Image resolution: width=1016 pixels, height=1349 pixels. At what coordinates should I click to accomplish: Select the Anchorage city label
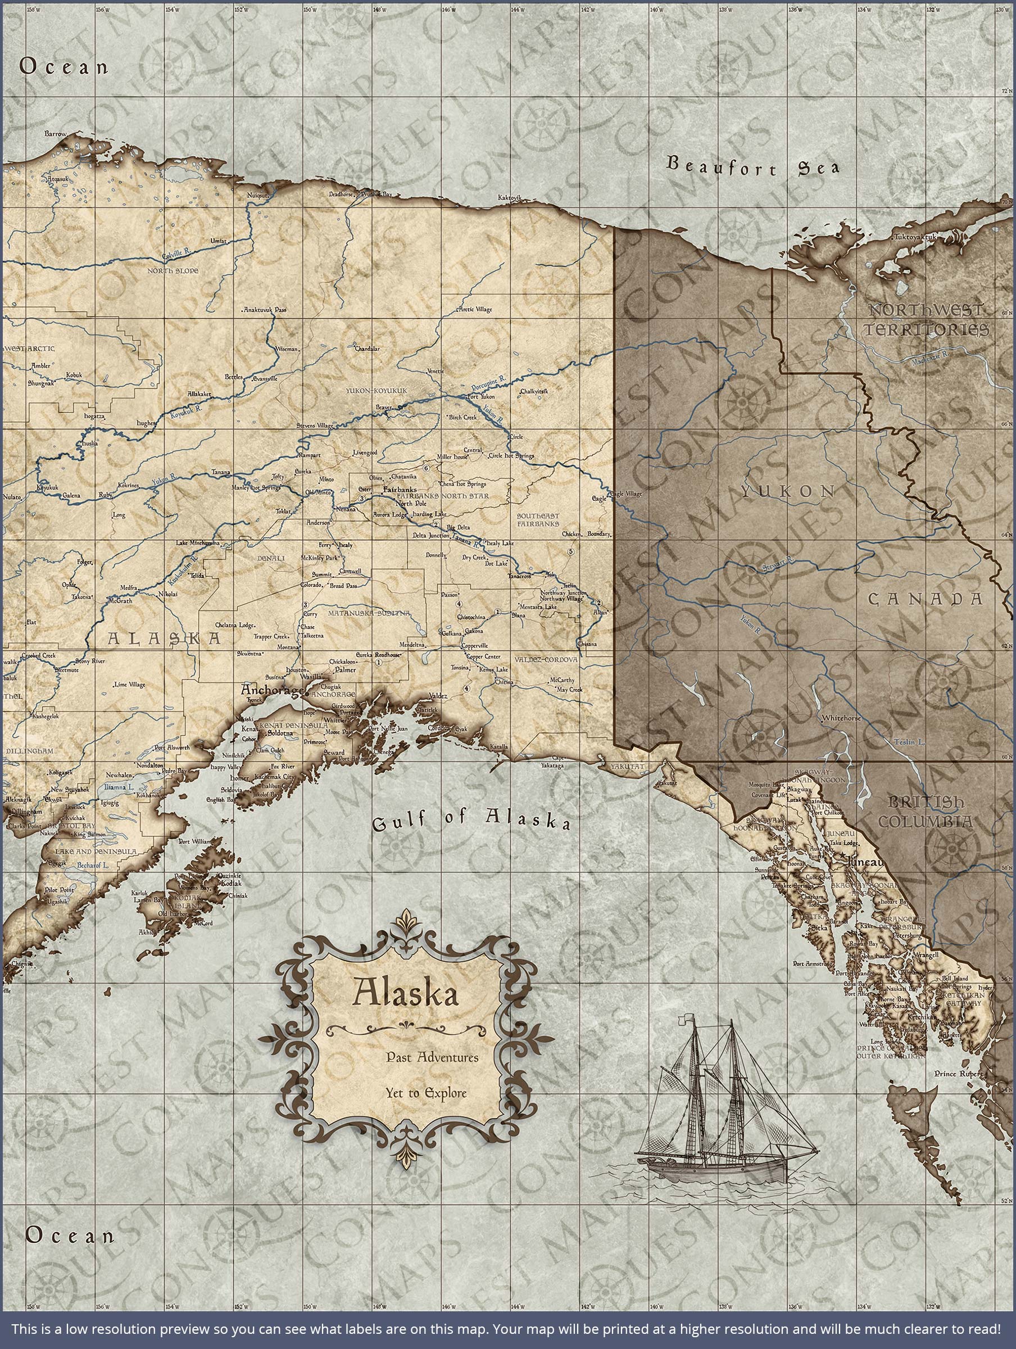pyautogui.click(x=271, y=690)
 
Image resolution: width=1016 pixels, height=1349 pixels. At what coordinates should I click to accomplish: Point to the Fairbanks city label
pyautogui.click(x=399, y=489)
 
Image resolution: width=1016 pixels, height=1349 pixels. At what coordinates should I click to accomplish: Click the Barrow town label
pyautogui.click(x=55, y=133)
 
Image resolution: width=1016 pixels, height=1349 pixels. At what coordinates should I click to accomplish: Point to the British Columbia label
pyautogui.click(x=925, y=812)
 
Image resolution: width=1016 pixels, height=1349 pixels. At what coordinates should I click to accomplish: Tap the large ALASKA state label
pyautogui.click(x=164, y=639)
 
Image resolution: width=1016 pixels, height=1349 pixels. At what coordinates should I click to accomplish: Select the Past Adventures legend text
pyautogui.click(x=432, y=1057)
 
